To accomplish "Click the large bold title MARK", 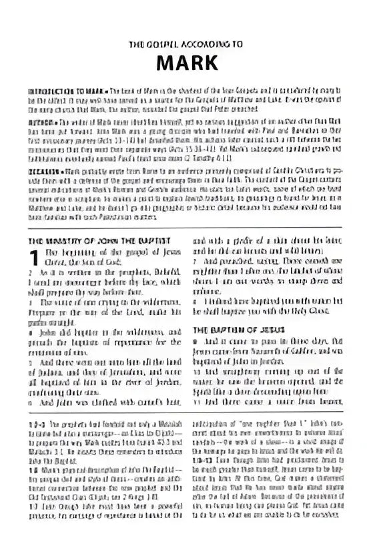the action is point(183,62).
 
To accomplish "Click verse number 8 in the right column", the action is point(195,302).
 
